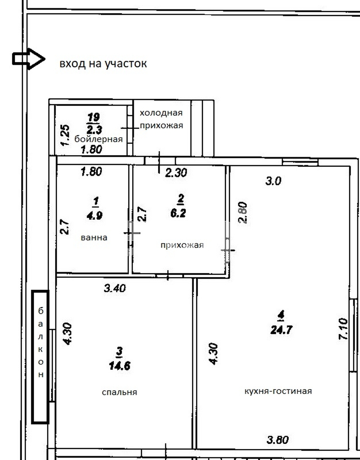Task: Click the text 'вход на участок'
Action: coord(103,64)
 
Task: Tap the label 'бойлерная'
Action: coord(99,139)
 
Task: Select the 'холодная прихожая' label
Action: coord(161,119)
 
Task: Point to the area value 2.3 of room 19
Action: coord(94,130)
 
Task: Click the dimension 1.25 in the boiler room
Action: coord(65,135)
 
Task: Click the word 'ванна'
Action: coord(94,238)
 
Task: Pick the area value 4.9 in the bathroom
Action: coord(94,216)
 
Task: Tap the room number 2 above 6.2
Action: coord(180,199)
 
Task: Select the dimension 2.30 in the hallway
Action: coord(176,173)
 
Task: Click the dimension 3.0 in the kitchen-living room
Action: coord(273,181)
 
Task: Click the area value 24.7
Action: coord(281,330)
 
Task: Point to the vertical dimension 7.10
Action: coord(343,329)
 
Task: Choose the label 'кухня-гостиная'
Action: coord(278,391)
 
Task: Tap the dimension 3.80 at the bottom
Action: coord(278,440)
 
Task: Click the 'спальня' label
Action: coord(119,392)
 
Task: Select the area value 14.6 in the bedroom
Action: coord(120,366)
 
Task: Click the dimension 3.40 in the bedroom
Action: coord(115,288)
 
